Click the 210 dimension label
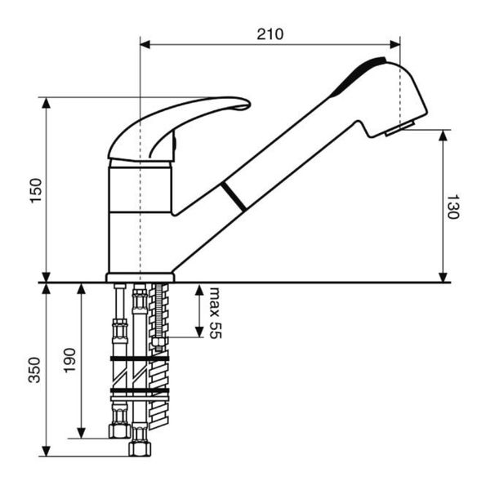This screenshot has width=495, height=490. [270, 34]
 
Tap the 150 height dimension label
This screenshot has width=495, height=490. [36, 191]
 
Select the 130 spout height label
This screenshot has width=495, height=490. [453, 207]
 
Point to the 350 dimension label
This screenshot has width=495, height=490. [34, 370]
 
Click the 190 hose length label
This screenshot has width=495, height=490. [69, 360]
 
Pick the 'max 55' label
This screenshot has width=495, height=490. [215, 313]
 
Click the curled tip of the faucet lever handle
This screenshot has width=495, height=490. [243, 105]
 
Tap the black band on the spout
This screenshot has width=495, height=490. [234, 197]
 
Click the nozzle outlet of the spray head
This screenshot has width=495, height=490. [399, 128]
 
